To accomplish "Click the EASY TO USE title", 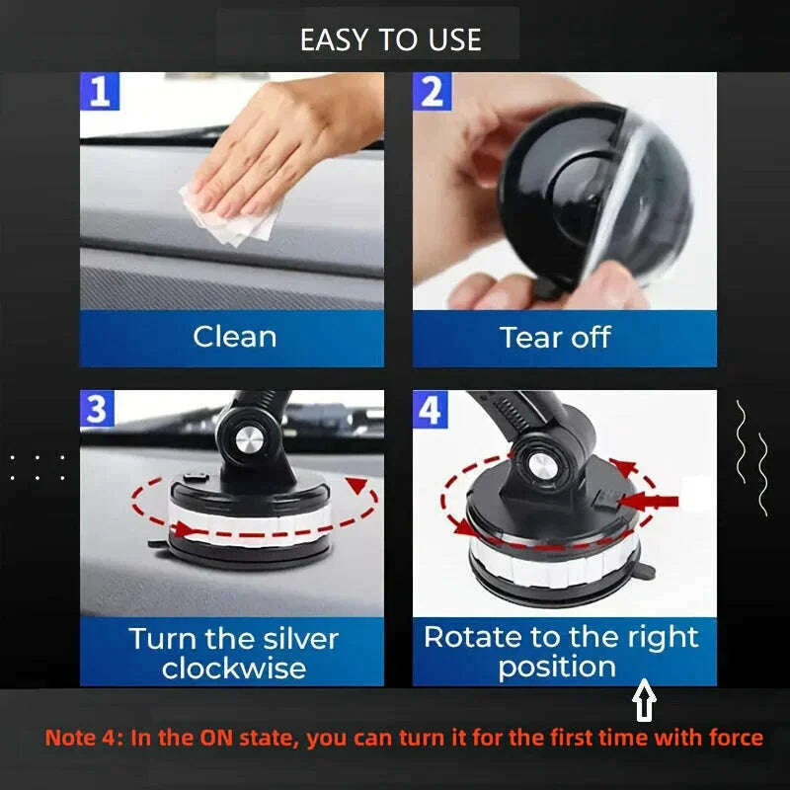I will (391, 39).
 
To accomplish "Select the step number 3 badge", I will (97, 409).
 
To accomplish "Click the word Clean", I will (234, 337).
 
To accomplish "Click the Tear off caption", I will (556, 337).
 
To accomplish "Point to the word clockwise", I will (233, 669).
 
